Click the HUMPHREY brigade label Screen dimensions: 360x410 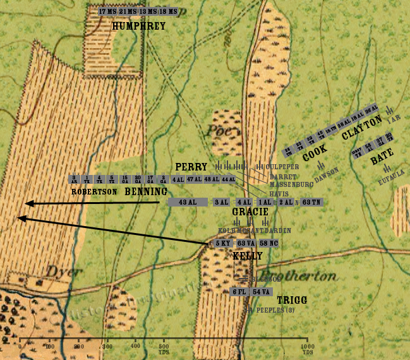click(138, 26)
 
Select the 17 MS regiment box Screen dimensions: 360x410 click(107, 11)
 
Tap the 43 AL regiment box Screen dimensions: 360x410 click(187, 202)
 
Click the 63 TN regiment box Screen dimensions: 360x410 click(311, 202)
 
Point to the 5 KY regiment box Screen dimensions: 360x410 click(222, 243)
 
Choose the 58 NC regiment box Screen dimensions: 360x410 click(268, 243)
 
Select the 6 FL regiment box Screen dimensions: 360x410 click(239, 291)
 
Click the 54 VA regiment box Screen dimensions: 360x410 click(261, 291)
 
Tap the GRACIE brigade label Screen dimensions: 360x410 click(250, 212)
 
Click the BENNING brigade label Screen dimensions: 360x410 click(146, 191)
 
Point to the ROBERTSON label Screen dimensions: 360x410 click(93, 191)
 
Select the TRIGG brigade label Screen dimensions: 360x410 click(292, 301)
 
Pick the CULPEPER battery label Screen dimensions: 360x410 click(268, 167)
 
